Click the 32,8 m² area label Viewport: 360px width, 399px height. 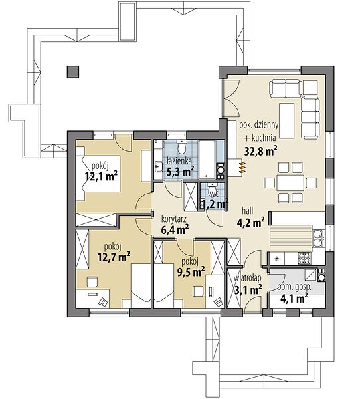tap(260, 151)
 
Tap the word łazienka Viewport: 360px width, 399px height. tap(179, 161)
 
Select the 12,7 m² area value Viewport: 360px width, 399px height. tap(114, 257)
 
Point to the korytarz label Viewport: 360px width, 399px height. tap(175, 219)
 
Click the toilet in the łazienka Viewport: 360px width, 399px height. tap(181, 147)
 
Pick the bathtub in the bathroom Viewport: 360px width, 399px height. tap(207, 160)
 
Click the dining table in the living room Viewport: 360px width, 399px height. tap(290, 183)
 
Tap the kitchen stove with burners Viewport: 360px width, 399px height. tap(304, 258)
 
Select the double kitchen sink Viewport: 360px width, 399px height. tap(317, 238)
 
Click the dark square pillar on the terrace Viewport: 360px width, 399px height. tap(73, 72)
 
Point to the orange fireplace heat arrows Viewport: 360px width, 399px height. tap(242, 168)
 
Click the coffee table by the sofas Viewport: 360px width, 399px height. tap(287, 120)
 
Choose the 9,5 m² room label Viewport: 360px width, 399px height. tap(191, 272)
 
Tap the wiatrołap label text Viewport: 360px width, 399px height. tap(248, 279)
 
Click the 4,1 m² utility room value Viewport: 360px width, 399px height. tap(294, 298)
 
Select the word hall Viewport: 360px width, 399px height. tap(247, 211)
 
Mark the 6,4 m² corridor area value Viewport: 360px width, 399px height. tap(175, 230)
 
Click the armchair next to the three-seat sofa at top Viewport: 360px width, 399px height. tap(310, 88)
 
